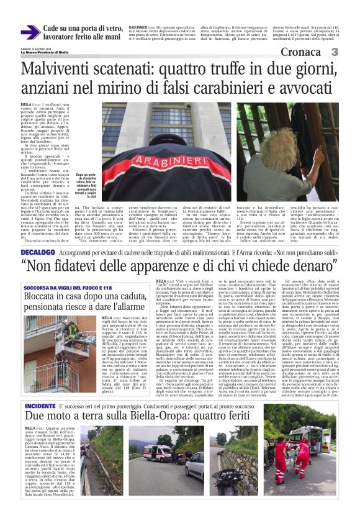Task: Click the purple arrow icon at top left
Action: (x=30, y=32)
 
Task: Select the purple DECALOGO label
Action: (x=38, y=253)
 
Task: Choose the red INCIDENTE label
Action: (x=42, y=405)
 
